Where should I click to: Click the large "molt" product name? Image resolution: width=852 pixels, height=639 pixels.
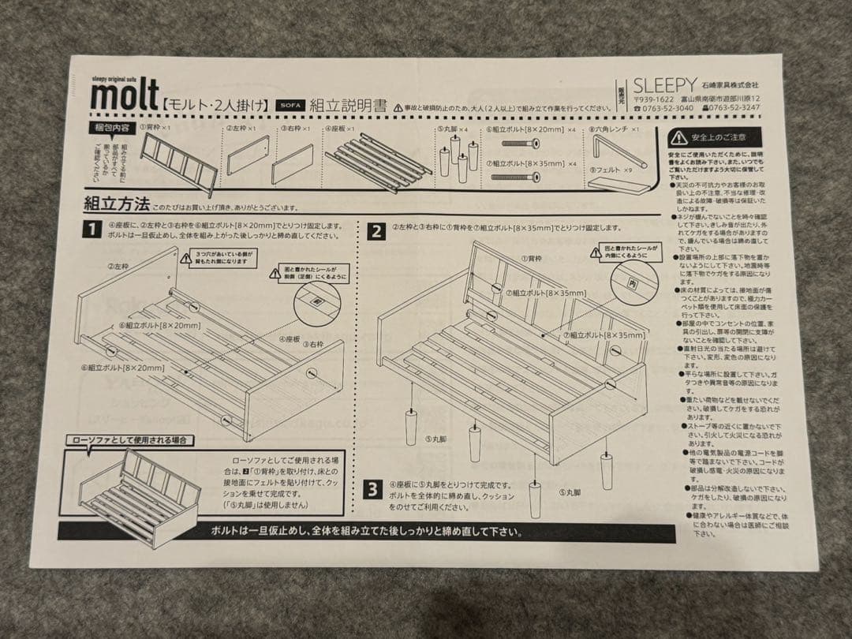point(125,96)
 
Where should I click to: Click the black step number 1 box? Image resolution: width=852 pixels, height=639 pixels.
point(93,230)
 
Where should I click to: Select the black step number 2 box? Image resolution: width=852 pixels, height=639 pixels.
point(377,231)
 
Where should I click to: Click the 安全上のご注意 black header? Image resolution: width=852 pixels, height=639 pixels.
point(715,137)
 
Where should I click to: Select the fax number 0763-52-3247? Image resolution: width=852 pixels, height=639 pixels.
point(734,108)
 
